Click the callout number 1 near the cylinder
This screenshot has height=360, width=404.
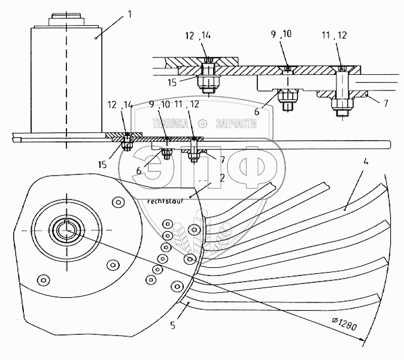(130, 14)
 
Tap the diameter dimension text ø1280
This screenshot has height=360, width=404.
(344, 324)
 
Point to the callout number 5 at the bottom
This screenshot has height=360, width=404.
(172, 325)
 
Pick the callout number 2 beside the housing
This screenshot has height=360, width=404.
(222, 178)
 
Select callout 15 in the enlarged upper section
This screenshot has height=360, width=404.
(172, 83)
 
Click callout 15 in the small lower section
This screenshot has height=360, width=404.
(102, 165)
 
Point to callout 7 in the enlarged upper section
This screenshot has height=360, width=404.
(385, 104)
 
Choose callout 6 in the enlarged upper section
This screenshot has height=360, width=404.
(257, 112)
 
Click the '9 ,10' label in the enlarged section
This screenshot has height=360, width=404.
(281, 34)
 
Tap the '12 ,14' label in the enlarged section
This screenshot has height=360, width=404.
(198, 35)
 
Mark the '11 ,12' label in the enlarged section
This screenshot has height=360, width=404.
(334, 35)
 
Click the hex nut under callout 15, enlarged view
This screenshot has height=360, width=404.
(208, 82)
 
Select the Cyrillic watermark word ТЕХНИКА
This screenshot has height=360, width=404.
(171, 124)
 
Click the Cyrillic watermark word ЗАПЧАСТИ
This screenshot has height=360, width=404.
(236, 124)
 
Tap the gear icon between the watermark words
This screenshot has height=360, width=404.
(202, 124)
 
